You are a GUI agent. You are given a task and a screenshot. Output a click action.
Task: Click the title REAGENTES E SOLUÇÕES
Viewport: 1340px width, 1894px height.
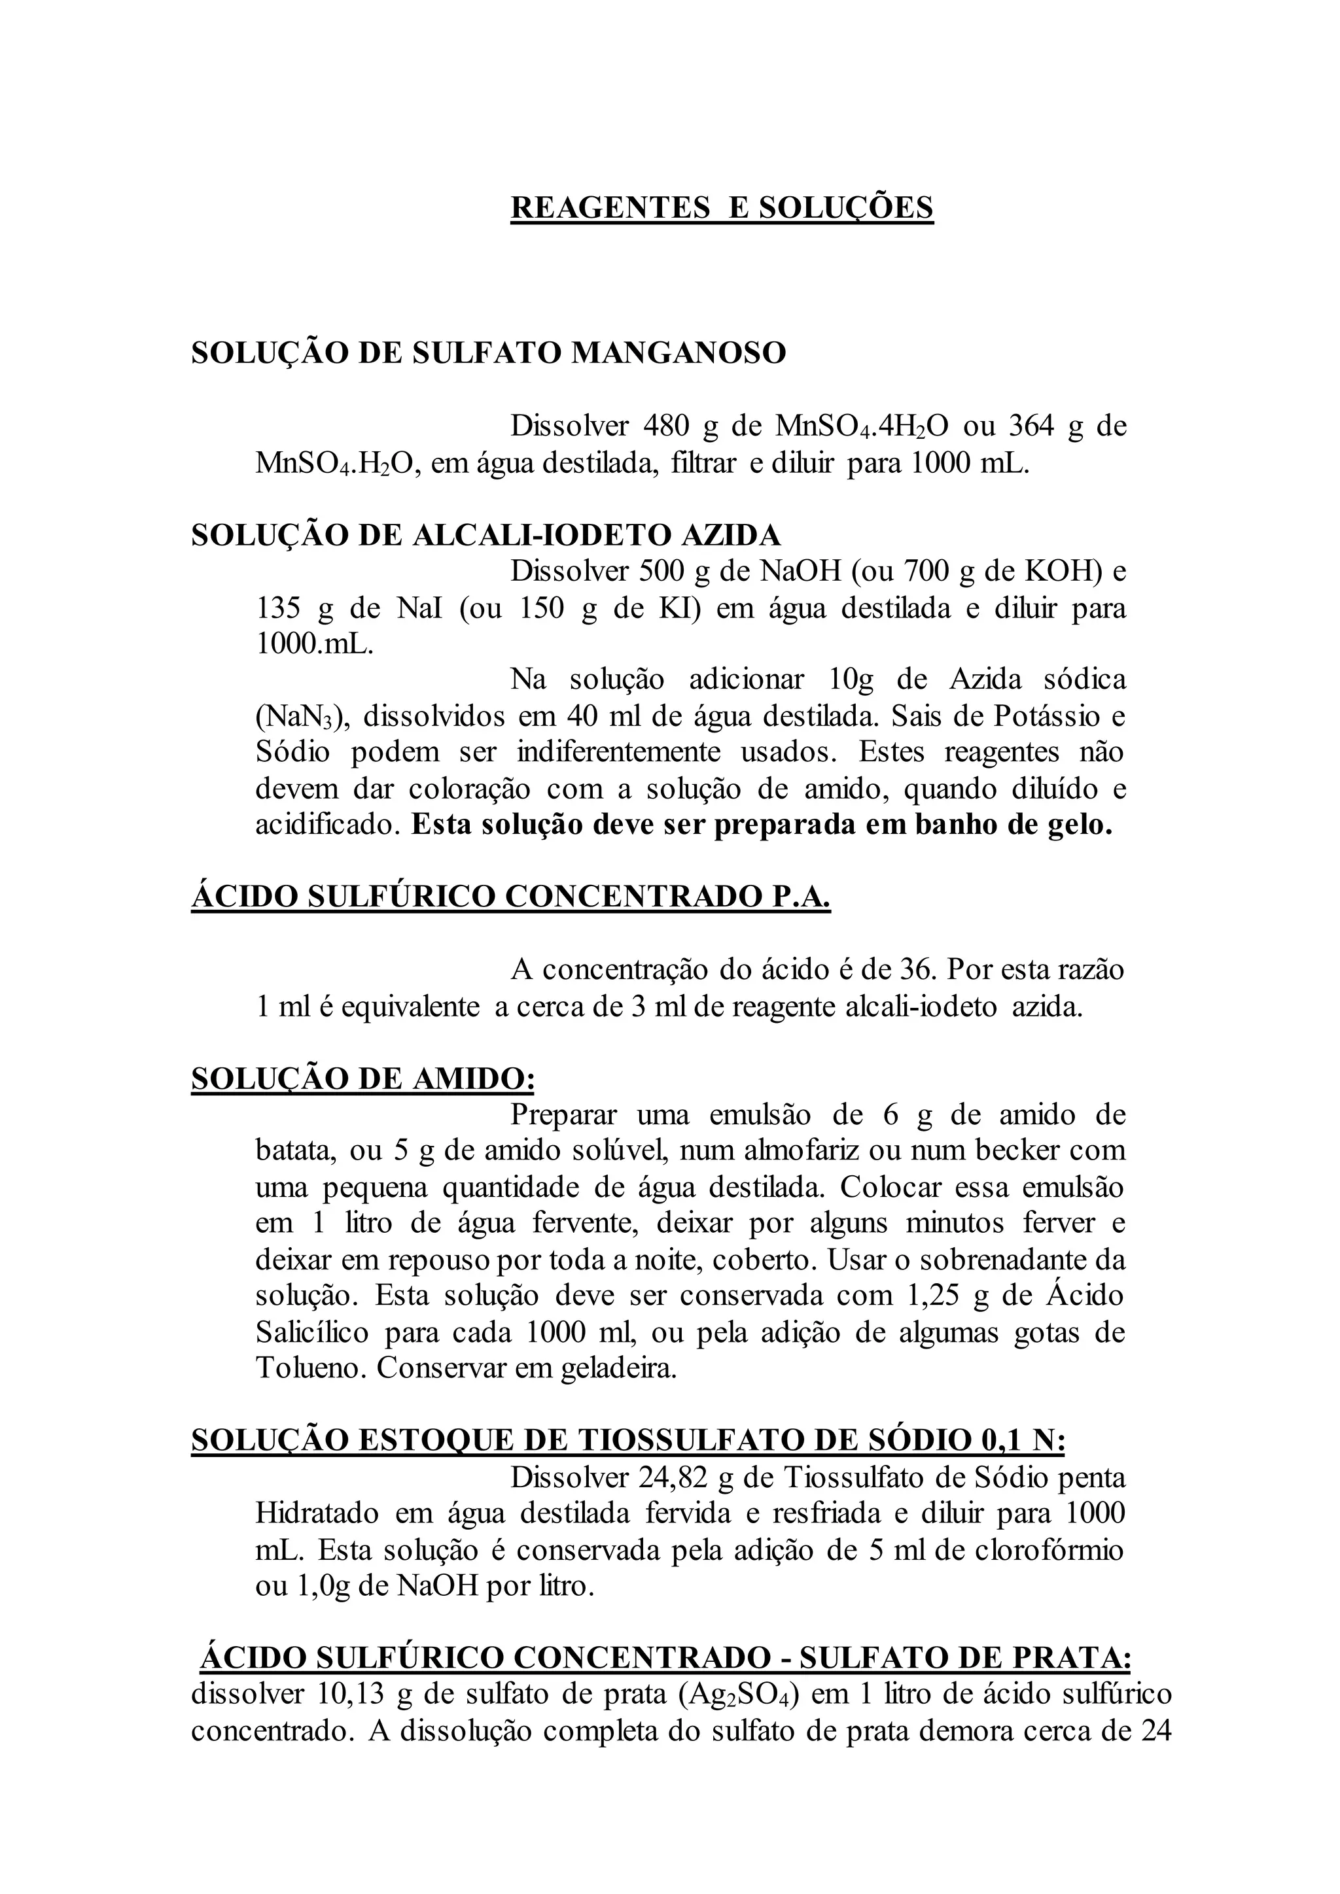point(721,207)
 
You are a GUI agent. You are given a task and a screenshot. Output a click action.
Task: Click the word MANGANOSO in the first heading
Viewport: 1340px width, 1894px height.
point(679,353)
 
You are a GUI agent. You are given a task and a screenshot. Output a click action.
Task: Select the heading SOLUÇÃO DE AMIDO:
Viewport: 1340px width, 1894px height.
point(363,1079)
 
